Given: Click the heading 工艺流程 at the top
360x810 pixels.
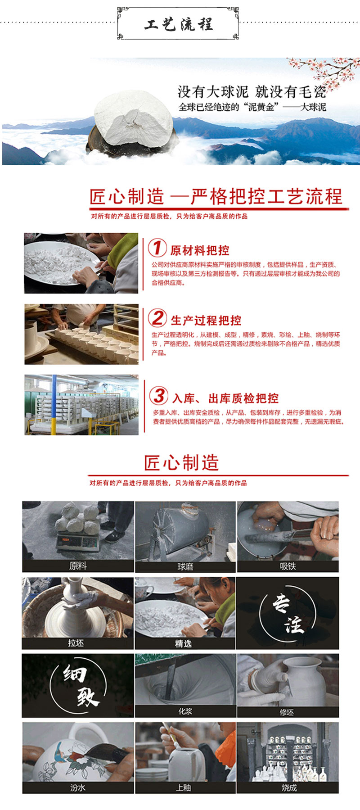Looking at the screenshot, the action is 178,24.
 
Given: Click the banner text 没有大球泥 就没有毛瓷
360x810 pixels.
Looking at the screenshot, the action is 252,92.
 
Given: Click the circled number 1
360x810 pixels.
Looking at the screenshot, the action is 157,247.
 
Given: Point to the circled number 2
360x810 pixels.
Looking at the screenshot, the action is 157,318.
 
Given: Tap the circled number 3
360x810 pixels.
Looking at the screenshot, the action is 159,396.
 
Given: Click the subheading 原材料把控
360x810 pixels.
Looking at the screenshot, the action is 200,250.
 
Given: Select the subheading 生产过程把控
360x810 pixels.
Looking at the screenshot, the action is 206,321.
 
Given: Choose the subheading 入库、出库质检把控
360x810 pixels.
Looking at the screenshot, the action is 225,398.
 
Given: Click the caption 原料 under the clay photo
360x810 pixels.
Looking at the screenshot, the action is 78,566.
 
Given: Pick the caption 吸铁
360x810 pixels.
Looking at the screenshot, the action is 288,566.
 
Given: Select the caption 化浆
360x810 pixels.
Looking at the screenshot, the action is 185,711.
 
